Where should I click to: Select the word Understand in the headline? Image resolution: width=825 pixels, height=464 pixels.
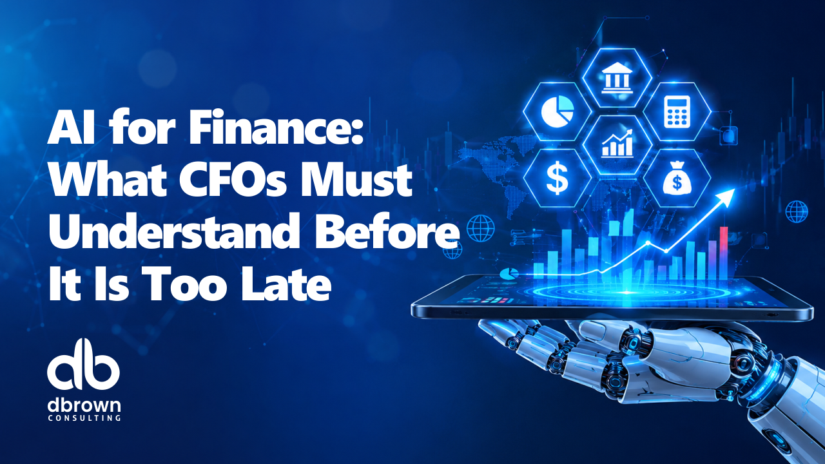coord(173,231)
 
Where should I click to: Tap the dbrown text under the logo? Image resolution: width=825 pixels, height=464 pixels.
coord(84,405)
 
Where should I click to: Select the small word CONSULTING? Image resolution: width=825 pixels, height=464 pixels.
coord(84,418)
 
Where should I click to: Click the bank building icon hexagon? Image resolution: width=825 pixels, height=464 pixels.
coord(617,78)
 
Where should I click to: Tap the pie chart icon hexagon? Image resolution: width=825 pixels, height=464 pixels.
coord(558,111)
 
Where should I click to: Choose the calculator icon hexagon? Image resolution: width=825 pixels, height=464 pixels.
coord(677,111)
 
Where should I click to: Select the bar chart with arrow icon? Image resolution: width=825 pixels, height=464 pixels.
coord(617,144)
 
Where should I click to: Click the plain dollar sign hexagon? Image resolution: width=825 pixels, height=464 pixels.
coord(558,178)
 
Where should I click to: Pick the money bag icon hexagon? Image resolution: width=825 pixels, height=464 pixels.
coord(677,178)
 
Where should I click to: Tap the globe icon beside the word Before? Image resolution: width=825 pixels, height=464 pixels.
coord(481,228)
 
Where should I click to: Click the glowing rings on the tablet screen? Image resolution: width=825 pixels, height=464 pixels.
coord(626,293)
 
